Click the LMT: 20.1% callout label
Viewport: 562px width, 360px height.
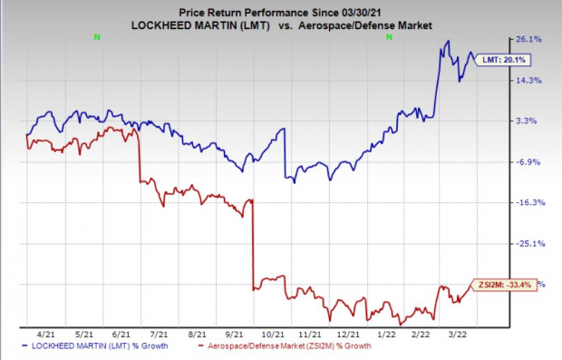coord(509,59)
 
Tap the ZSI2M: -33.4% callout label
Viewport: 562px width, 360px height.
coord(499,284)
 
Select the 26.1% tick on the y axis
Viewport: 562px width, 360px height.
coord(528,39)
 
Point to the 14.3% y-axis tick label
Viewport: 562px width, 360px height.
coord(528,80)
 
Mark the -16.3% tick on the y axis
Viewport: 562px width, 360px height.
coord(528,202)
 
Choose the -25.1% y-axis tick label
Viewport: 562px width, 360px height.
coord(528,243)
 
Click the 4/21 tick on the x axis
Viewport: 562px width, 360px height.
coord(43,334)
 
